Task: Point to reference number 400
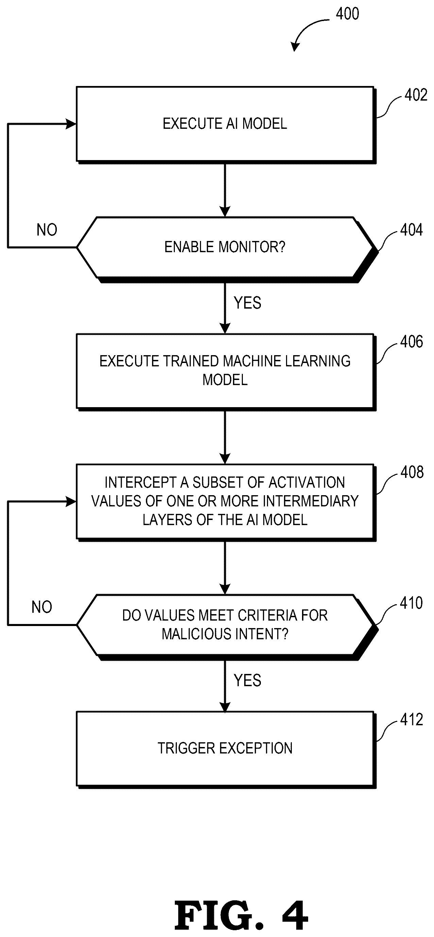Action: coord(347,14)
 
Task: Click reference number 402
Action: coord(416,95)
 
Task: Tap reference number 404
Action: coord(412,230)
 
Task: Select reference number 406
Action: coord(412,342)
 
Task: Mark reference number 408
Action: coord(412,472)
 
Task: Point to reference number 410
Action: coord(411,603)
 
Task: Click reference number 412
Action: coord(412,719)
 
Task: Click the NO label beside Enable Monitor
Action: coord(47,230)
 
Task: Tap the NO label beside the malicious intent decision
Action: coord(41,607)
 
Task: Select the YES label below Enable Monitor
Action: coord(247,303)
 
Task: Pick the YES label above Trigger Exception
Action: coord(247,680)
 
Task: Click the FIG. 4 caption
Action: coord(241,916)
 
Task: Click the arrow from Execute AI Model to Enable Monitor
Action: coord(225,190)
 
